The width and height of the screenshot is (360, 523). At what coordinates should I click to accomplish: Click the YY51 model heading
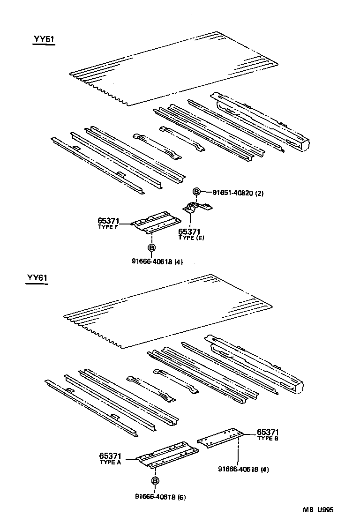44,39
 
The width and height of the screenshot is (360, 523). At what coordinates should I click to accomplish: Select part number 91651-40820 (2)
238,192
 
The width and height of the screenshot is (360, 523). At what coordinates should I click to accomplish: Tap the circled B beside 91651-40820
197,191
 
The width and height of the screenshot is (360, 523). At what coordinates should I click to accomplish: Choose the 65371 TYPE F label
109,223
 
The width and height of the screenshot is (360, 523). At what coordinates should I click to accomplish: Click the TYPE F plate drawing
155,222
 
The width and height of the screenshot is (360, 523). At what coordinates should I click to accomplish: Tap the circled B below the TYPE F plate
151,247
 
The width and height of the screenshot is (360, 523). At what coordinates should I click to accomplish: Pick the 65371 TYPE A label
111,458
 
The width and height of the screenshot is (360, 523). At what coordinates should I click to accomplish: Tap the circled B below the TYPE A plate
155,481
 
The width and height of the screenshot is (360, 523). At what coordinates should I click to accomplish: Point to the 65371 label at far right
269,434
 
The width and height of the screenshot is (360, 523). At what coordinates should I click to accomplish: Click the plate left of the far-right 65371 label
220,437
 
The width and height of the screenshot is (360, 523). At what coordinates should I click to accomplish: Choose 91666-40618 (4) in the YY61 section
243,469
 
